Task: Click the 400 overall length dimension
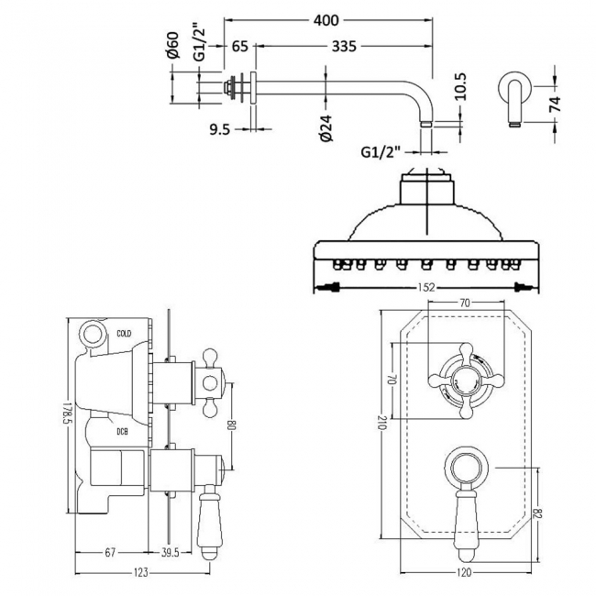coord(327,18)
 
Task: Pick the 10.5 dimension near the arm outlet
coord(461,87)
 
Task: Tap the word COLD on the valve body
coord(125,333)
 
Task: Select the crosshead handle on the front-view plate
coord(462,379)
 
